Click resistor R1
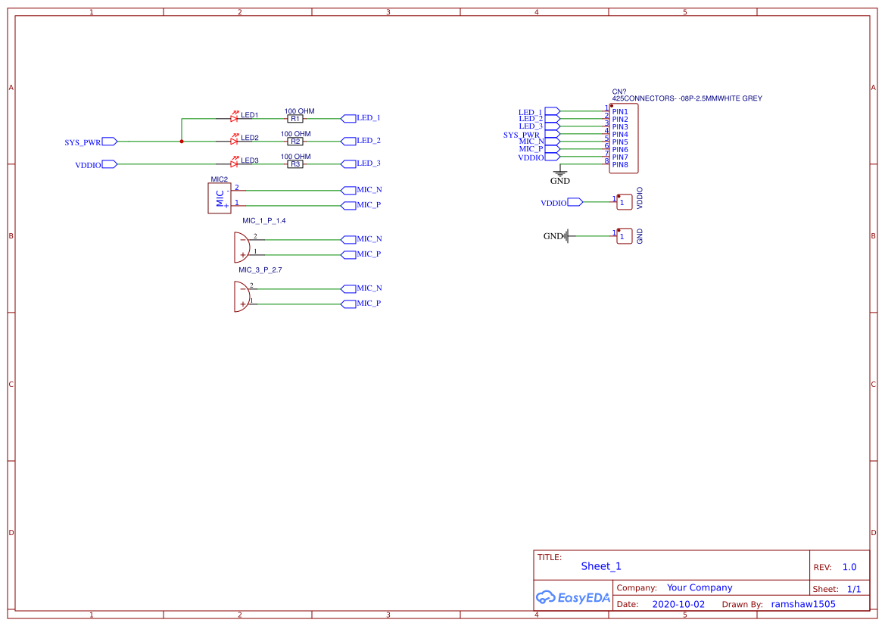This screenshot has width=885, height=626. (295, 119)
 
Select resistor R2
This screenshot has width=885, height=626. (295, 142)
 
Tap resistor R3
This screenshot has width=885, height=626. (295, 164)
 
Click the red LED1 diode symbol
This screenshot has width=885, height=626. (234, 118)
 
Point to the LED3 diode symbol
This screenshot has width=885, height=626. (234, 164)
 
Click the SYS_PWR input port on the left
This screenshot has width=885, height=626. (109, 142)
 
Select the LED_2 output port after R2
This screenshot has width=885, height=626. (349, 141)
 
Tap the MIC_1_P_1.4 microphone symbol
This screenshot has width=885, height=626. (242, 247)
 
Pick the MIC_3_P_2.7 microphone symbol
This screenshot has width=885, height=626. (242, 296)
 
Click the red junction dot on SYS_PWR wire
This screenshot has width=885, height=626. (182, 142)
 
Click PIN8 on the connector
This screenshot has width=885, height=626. (620, 164)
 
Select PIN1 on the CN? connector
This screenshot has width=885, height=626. (620, 111)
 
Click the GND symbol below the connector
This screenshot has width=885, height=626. (560, 175)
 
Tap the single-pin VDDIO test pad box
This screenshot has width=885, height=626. (624, 202)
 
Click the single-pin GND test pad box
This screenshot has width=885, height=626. (624, 236)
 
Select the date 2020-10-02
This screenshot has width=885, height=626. (678, 605)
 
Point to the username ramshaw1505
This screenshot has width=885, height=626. (802, 605)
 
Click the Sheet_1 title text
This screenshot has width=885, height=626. (601, 566)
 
